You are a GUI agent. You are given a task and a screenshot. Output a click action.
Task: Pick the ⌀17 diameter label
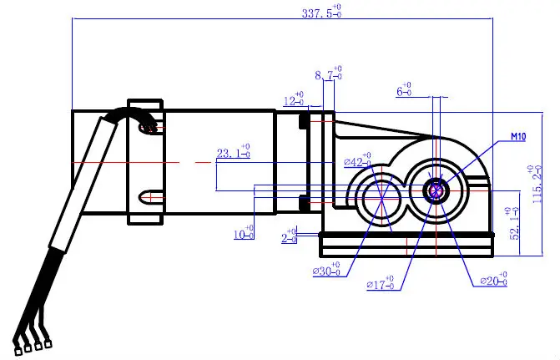pos(381,286)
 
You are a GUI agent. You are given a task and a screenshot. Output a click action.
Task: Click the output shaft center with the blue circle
pos(436,190)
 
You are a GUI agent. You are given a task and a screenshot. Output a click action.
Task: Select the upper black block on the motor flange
pos(305,122)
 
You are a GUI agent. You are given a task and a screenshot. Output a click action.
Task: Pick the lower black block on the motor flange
pos(305,200)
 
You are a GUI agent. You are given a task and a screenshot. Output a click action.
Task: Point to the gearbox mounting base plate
pos(406,245)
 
